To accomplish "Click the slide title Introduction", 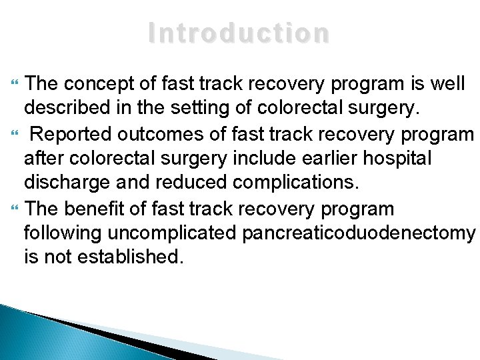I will click(239, 33).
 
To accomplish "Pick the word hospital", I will click(403, 158).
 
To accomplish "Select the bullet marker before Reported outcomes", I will click(17, 133).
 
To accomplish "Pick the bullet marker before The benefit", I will click(17, 209).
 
